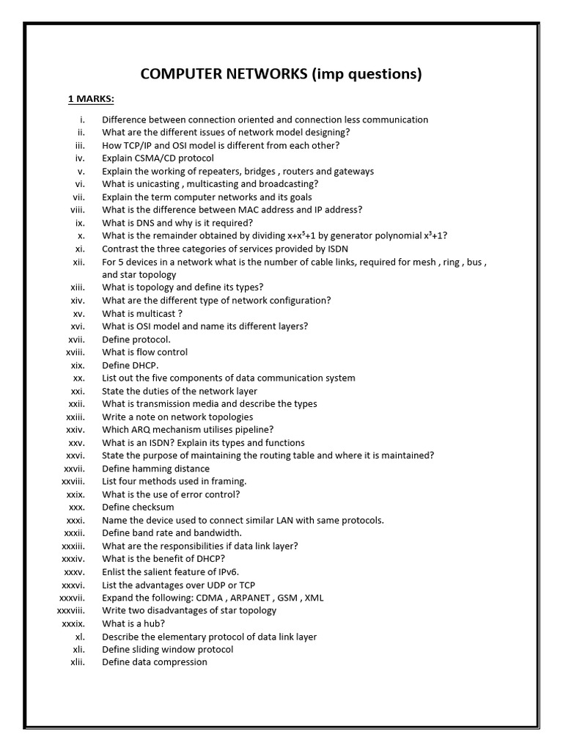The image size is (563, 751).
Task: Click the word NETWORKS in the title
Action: (256, 74)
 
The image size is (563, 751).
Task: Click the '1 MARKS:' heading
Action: (91, 99)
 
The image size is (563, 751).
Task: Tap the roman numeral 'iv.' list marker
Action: (80, 158)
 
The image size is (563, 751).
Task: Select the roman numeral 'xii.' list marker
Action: (78, 262)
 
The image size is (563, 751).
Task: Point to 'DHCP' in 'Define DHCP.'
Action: (146, 365)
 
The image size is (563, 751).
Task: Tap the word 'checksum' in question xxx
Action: (153, 508)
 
